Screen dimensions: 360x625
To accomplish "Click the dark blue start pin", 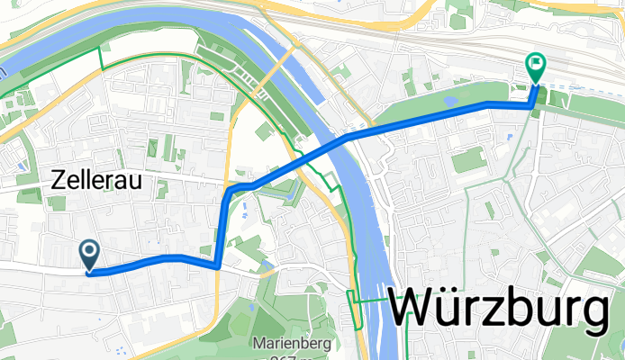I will click(90, 253).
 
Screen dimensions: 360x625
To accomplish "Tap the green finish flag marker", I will click(535, 66).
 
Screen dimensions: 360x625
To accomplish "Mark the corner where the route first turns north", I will click(219, 265).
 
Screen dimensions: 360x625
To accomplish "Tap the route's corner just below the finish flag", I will click(530, 105).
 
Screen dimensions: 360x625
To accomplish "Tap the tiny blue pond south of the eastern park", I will click(509, 137).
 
